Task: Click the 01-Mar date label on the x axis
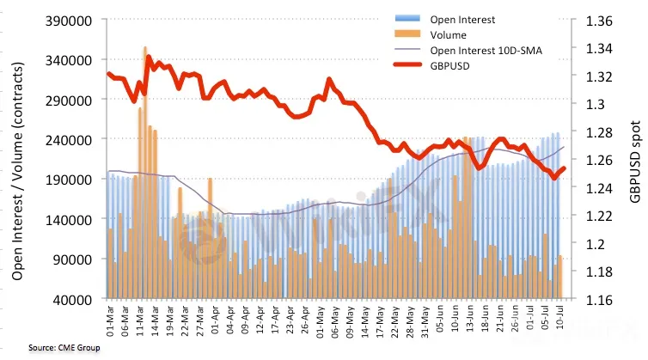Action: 110,320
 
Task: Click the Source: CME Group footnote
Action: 64,348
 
